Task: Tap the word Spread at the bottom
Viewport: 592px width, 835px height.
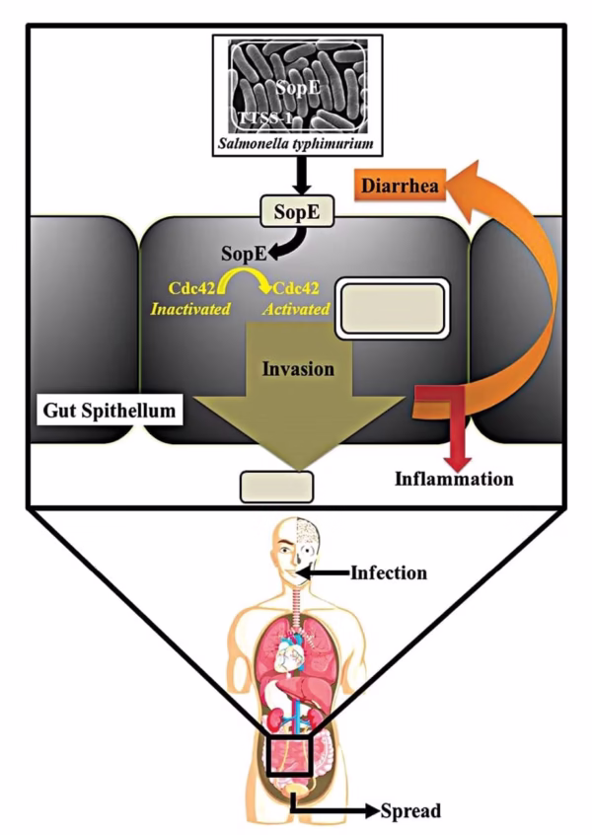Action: click(x=409, y=811)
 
